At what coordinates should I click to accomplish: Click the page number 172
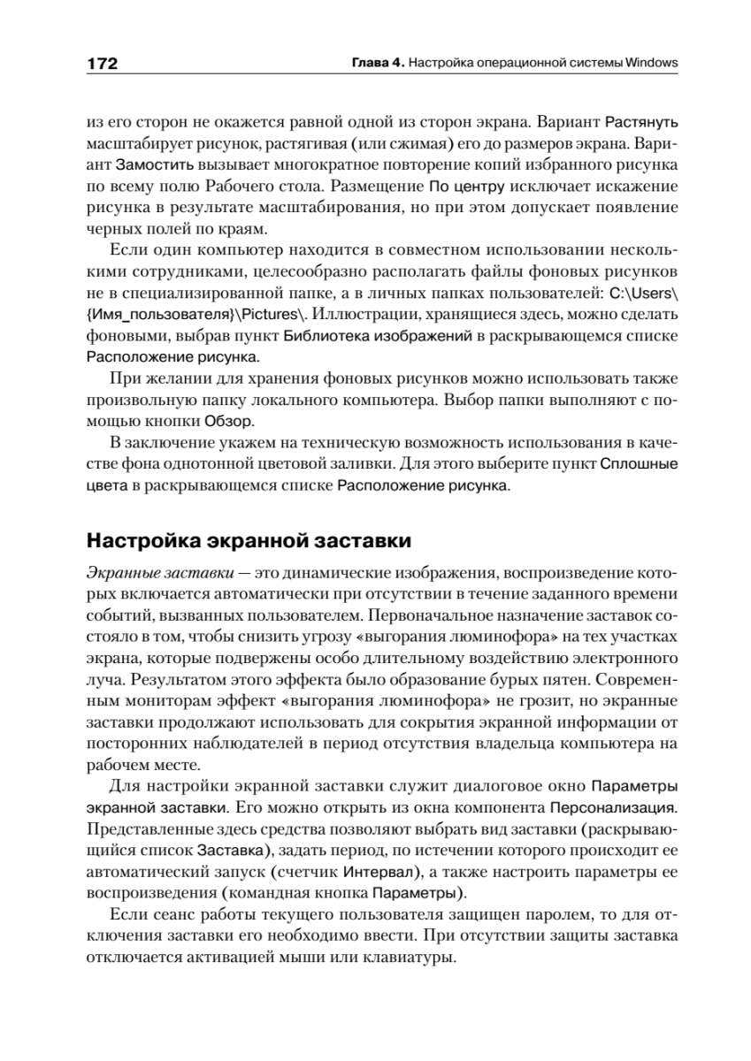(103, 64)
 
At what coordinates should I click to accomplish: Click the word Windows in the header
(651, 64)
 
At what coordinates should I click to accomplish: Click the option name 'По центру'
(467, 187)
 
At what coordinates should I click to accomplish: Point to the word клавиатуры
(413, 958)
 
